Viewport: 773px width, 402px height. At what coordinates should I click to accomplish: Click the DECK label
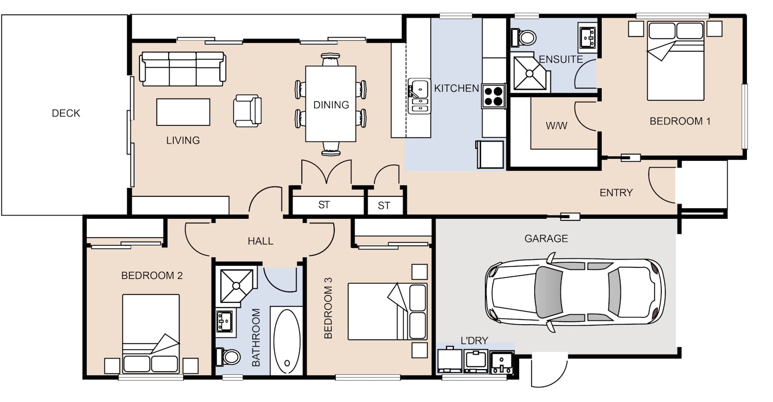tap(66, 113)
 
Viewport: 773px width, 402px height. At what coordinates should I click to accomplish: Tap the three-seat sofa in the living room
tap(183, 69)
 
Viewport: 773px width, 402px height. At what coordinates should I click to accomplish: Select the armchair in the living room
tap(247, 111)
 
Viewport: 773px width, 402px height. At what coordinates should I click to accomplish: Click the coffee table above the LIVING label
tap(183, 112)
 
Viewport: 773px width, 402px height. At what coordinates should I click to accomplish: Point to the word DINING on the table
tap(331, 105)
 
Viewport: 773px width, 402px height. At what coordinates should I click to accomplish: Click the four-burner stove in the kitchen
tap(493, 96)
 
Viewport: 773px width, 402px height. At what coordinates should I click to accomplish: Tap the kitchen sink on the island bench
tap(419, 96)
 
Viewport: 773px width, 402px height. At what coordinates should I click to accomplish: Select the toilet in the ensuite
tap(523, 37)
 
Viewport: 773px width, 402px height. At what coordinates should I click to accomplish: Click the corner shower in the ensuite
tap(530, 73)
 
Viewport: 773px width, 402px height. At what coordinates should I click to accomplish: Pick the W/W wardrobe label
tap(556, 126)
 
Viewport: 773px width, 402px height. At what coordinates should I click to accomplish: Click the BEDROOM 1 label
tap(680, 121)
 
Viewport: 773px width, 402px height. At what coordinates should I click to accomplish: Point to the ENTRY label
tap(616, 193)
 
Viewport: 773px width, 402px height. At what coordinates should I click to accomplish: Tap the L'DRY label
tap(474, 340)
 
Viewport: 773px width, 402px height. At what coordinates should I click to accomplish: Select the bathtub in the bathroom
tap(286, 341)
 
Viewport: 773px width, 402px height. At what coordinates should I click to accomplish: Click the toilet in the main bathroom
tap(228, 357)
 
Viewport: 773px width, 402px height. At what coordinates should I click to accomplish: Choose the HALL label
tap(261, 241)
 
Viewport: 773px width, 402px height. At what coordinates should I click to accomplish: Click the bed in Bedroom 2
tap(151, 333)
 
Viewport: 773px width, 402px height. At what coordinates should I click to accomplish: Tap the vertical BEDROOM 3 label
tap(328, 308)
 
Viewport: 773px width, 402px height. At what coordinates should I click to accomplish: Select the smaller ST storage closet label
tap(384, 206)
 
